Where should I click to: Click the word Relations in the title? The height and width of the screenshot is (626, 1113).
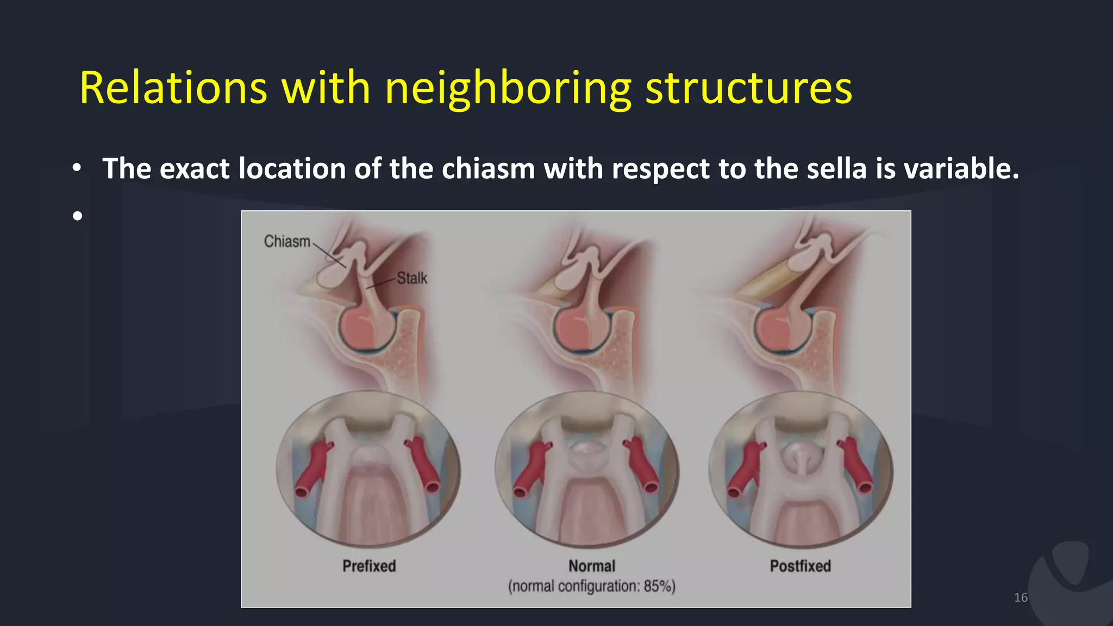(173, 88)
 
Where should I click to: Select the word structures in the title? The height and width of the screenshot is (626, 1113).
(748, 88)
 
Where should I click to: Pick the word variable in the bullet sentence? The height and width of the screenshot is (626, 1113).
(961, 168)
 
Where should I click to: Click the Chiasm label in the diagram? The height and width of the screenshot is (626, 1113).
(287, 241)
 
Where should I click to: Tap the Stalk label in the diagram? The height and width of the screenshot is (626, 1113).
(412, 278)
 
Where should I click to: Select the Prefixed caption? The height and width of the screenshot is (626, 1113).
(369, 566)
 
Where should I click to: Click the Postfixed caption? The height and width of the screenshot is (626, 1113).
(800, 566)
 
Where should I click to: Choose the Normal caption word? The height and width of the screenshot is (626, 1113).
(592, 566)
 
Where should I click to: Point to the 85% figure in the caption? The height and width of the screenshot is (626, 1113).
(659, 586)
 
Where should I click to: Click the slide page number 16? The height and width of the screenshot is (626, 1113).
(1021, 598)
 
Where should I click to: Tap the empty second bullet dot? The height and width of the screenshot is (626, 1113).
(78, 216)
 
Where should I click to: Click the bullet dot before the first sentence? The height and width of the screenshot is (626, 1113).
(78, 168)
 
